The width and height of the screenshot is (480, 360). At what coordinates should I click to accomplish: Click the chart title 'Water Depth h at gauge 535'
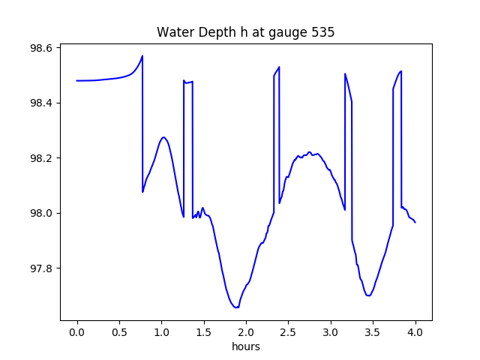[245, 32]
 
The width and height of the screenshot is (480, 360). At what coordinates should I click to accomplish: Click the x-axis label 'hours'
[246, 347]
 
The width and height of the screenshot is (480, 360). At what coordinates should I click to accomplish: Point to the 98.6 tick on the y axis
[41, 48]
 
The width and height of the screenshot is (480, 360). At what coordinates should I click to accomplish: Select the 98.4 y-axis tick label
[41, 103]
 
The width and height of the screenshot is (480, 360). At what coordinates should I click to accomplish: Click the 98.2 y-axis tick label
[41, 158]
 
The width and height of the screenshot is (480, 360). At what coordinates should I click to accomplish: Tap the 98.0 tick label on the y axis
[41, 213]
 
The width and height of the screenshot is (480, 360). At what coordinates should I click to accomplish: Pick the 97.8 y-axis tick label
[41, 268]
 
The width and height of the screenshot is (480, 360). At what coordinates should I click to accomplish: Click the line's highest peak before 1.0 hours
[142, 55]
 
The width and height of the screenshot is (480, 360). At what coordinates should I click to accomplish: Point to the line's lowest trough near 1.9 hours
[236, 307]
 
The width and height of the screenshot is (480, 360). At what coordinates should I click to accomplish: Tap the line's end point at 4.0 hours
[415, 222]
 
